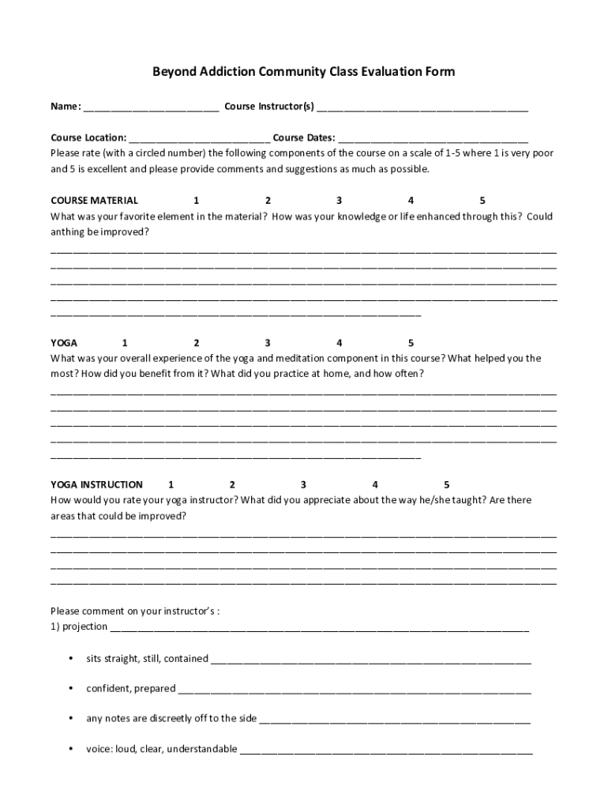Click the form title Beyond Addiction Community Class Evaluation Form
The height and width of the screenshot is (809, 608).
point(304,72)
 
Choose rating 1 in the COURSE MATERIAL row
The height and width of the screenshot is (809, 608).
point(196,200)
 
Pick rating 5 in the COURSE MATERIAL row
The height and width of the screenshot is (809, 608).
point(482,200)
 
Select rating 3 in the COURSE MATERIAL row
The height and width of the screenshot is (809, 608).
point(339,200)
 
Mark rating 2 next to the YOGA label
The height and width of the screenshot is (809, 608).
point(196,343)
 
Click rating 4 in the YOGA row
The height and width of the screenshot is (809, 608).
point(339,343)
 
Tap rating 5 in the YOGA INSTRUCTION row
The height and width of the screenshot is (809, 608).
point(446,484)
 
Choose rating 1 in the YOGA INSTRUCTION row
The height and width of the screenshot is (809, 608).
point(171,484)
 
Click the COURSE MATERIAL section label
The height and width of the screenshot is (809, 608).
point(94,200)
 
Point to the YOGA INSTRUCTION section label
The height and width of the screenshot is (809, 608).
point(96,484)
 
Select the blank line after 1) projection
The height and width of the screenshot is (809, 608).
point(320,628)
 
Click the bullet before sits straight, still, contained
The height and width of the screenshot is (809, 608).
point(70,658)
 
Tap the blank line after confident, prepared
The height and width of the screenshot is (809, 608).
point(355,690)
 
